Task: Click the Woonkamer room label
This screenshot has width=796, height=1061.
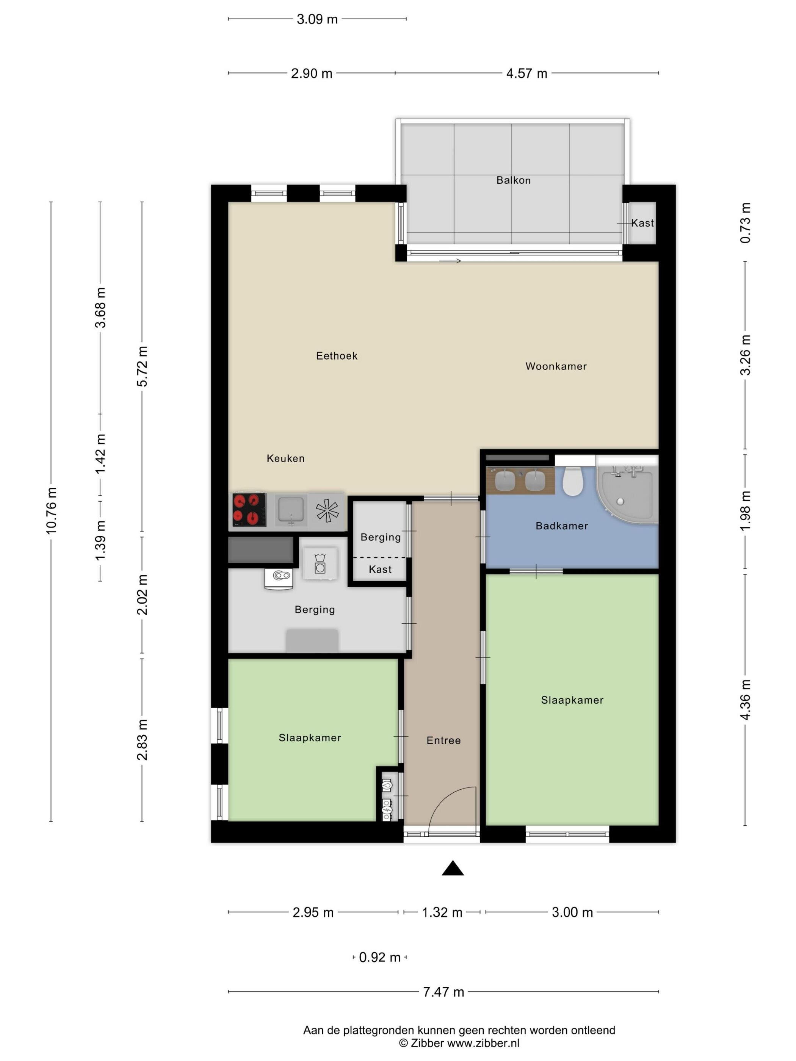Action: click(556, 366)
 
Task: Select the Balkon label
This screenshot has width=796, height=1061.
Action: click(513, 180)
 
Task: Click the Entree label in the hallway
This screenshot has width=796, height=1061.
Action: click(443, 740)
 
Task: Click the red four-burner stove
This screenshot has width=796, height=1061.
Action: click(249, 510)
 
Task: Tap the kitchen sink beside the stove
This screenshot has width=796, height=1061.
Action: click(291, 511)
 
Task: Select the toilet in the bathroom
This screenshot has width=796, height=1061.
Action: click(572, 481)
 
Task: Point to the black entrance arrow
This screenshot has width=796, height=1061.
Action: click(453, 869)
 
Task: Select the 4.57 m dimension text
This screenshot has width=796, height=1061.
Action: click(526, 74)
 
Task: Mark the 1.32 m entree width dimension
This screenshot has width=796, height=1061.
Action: click(442, 912)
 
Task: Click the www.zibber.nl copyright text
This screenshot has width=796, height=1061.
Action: click(483, 1043)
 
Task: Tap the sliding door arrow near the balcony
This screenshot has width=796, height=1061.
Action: click(450, 261)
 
